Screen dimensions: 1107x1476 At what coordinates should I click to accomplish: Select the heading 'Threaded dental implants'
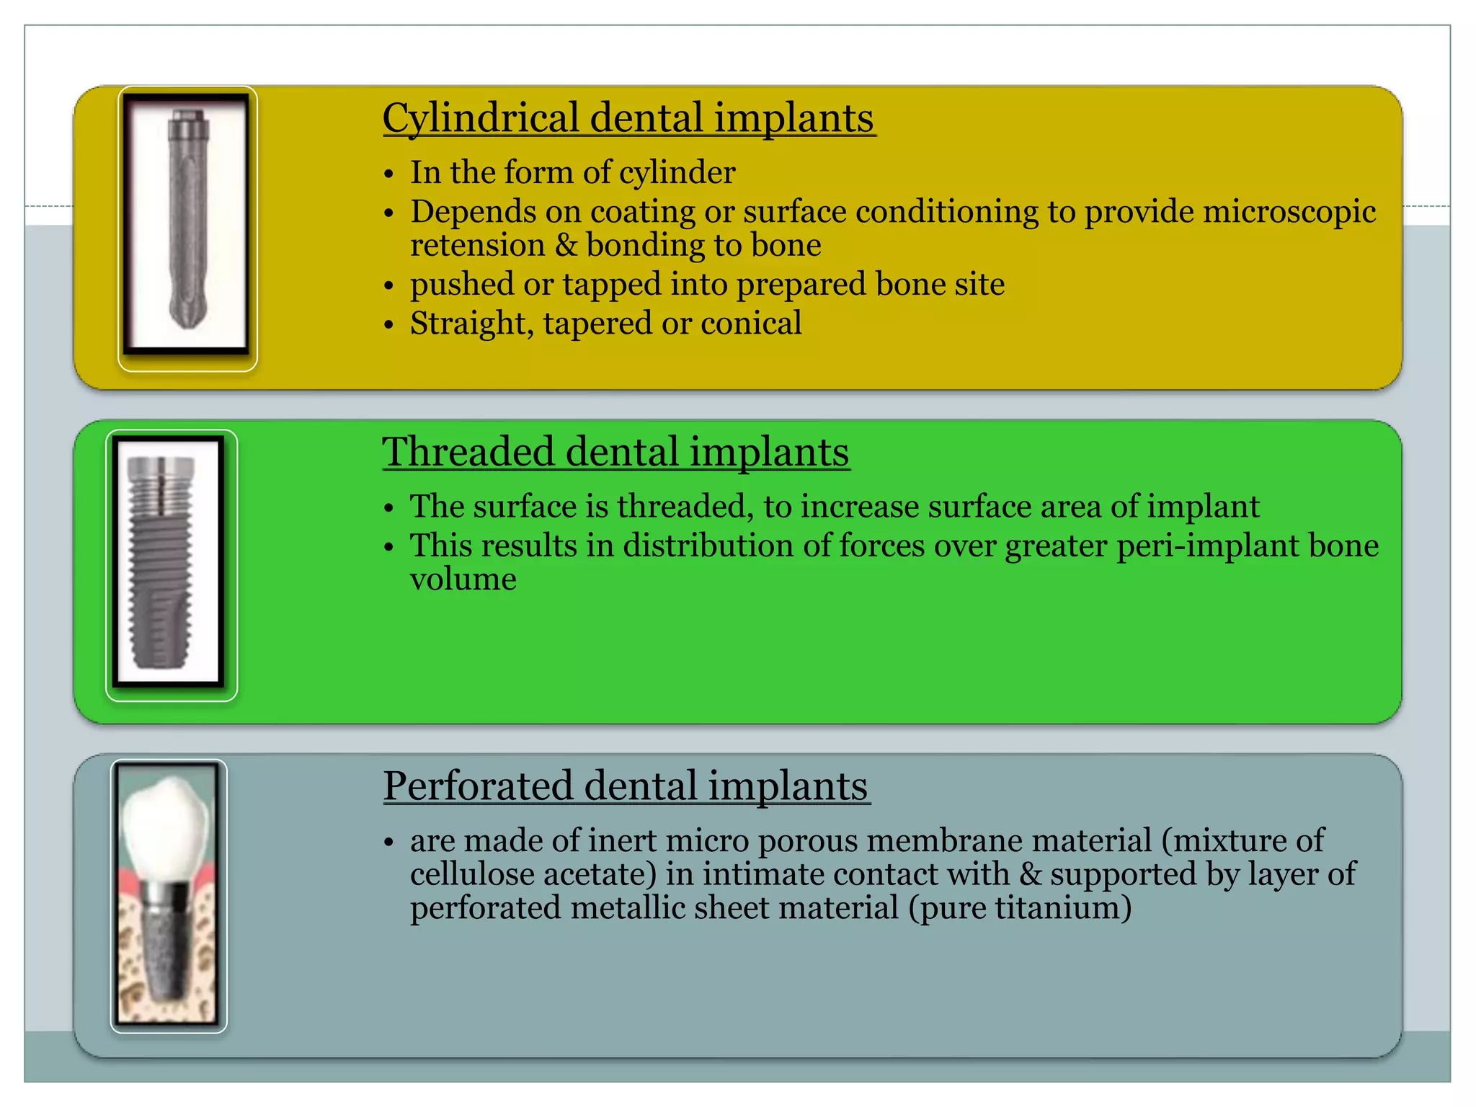point(615,452)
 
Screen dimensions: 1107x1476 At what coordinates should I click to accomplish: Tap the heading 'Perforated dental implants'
point(626,786)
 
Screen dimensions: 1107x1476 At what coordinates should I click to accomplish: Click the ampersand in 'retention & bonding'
point(566,245)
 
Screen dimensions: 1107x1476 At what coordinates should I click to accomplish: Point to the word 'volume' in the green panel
point(463,579)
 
